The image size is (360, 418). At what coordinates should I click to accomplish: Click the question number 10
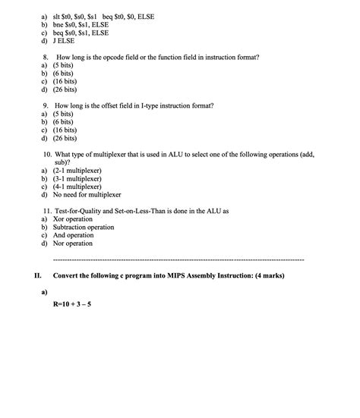coord(49,153)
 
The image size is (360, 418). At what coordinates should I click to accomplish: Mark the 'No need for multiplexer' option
coord(87,195)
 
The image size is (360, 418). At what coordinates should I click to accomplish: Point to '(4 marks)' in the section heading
coord(265,275)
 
